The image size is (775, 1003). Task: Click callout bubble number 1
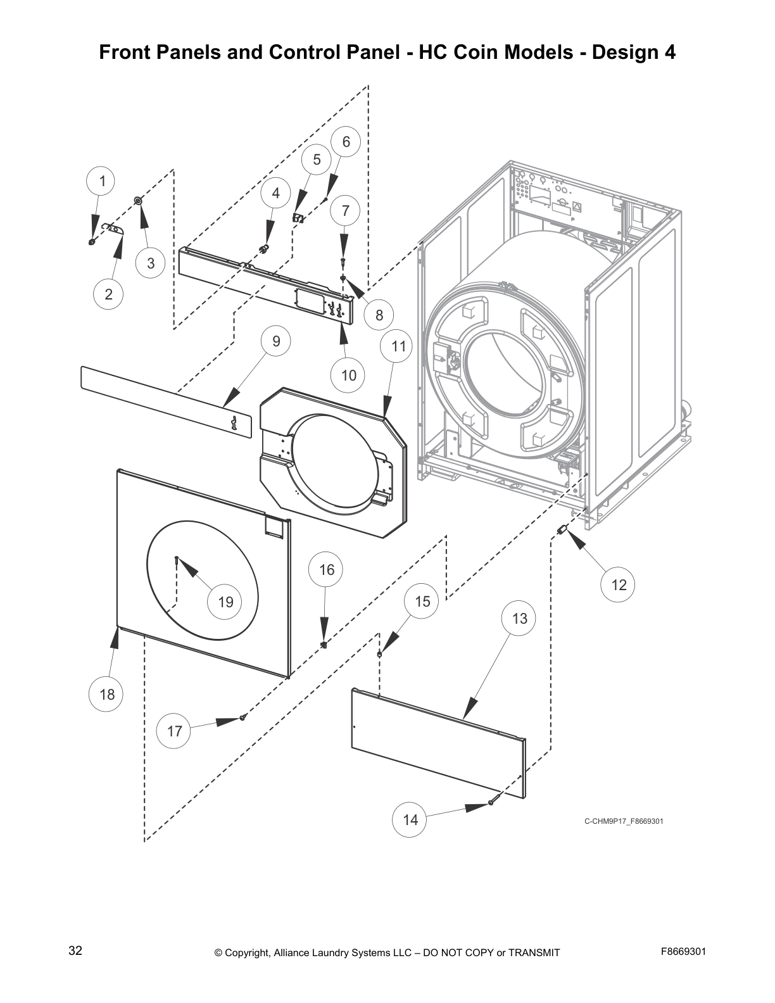(102, 181)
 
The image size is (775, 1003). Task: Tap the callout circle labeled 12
(619, 584)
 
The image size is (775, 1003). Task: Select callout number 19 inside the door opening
(226, 602)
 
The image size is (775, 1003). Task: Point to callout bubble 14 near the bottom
(410, 819)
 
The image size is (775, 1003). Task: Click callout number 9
(277, 341)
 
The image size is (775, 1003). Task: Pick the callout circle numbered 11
(398, 346)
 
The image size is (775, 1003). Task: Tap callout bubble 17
(175, 731)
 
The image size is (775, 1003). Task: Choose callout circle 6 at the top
(346, 142)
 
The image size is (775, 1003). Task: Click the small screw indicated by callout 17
(243, 717)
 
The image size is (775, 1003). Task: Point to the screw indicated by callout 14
(491, 803)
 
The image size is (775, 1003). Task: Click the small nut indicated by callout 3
(137, 201)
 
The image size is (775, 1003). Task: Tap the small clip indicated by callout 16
(324, 645)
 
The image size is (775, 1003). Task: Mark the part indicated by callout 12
(560, 529)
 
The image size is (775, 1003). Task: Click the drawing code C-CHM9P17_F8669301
(623, 822)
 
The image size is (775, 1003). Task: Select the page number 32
(75, 950)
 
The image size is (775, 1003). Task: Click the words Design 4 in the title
(633, 52)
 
